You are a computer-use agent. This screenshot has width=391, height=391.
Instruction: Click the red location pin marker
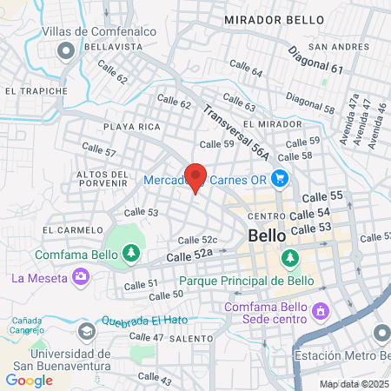click(x=195, y=177)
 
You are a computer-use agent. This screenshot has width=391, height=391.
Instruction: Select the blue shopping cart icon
click(x=279, y=180)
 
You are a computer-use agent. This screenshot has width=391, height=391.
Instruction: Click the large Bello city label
click(x=267, y=235)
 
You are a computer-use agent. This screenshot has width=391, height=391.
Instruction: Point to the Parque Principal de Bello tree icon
click(x=289, y=258)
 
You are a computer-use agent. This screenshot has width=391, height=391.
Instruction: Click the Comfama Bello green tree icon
click(x=130, y=253)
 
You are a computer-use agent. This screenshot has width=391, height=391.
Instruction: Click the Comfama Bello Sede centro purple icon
click(x=320, y=309)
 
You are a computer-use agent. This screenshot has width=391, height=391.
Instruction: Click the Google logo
click(x=29, y=380)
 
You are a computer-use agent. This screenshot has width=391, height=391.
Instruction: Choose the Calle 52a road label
click(x=189, y=255)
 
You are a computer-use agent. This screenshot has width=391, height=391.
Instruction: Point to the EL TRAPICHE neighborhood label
click(x=36, y=90)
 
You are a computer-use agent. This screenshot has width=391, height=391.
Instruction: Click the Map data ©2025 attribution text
click(x=354, y=384)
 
